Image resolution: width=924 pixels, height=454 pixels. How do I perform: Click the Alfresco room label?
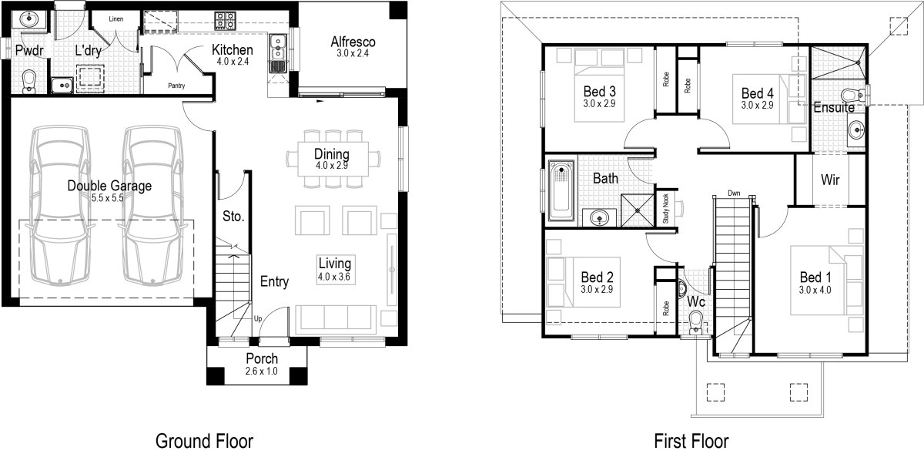click(353, 42)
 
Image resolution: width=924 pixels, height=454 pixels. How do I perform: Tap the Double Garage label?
click(109, 186)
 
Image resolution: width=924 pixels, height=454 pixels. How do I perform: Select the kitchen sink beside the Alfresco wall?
click(277, 52)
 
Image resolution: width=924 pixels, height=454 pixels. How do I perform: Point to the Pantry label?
click(176, 86)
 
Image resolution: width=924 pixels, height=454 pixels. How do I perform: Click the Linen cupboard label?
click(116, 18)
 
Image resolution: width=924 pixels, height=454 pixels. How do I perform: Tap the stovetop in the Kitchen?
click(225, 18)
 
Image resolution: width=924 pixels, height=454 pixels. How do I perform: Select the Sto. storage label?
click(233, 217)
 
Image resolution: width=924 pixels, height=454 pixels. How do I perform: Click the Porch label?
click(262, 358)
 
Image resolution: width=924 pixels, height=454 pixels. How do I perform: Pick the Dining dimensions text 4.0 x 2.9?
click(332, 165)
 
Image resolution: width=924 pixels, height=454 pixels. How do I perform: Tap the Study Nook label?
click(666, 208)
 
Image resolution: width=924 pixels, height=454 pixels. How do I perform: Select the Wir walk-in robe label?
click(830, 180)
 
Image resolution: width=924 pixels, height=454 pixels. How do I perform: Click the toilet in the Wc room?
click(697, 319)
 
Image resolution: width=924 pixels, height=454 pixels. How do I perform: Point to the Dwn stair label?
click(734, 193)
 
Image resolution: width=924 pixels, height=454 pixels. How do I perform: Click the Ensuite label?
click(834, 108)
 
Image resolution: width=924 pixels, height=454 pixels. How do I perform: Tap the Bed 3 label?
click(598, 90)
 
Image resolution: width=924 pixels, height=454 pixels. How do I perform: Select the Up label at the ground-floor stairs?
click(257, 318)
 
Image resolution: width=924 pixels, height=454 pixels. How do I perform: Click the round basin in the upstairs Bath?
click(598, 217)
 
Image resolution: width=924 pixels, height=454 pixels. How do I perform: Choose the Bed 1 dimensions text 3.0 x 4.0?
click(815, 291)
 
